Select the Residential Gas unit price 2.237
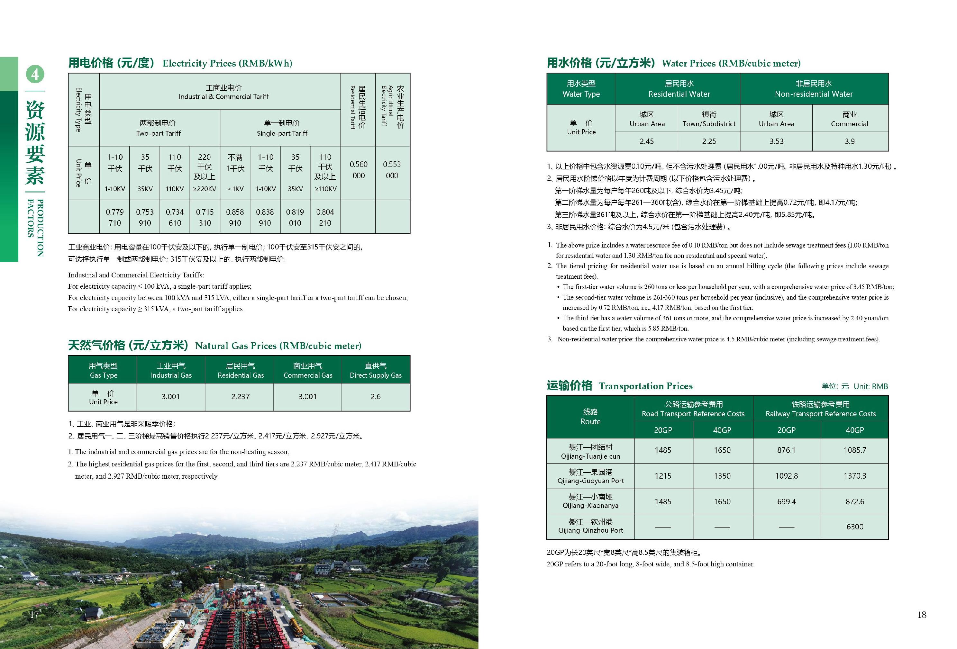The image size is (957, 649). pyautogui.click(x=240, y=397)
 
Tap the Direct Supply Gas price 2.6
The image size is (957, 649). pyautogui.click(x=376, y=397)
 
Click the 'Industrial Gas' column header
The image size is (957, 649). pyautogui.click(x=171, y=370)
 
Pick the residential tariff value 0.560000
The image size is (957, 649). pyautogui.click(x=358, y=169)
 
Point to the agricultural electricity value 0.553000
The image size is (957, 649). pyautogui.click(x=392, y=169)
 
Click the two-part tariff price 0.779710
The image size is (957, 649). pyautogui.click(x=114, y=217)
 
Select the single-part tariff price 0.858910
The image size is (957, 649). pyautogui.click(x=235, y=217)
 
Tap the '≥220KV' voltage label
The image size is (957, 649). pyautogui.click(x=205, y=189)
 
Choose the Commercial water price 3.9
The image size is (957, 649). pyautogui.click(x=850, y=141)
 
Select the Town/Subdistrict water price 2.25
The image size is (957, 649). pyautogui.click(x=709, y=141)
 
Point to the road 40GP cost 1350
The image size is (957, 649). pyautogui.click(x=722, y=476)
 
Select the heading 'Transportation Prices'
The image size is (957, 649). pyautogui.click(x=645, y=386)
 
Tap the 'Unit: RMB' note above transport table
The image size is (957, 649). pyautogui.click(x=870, y=386)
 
